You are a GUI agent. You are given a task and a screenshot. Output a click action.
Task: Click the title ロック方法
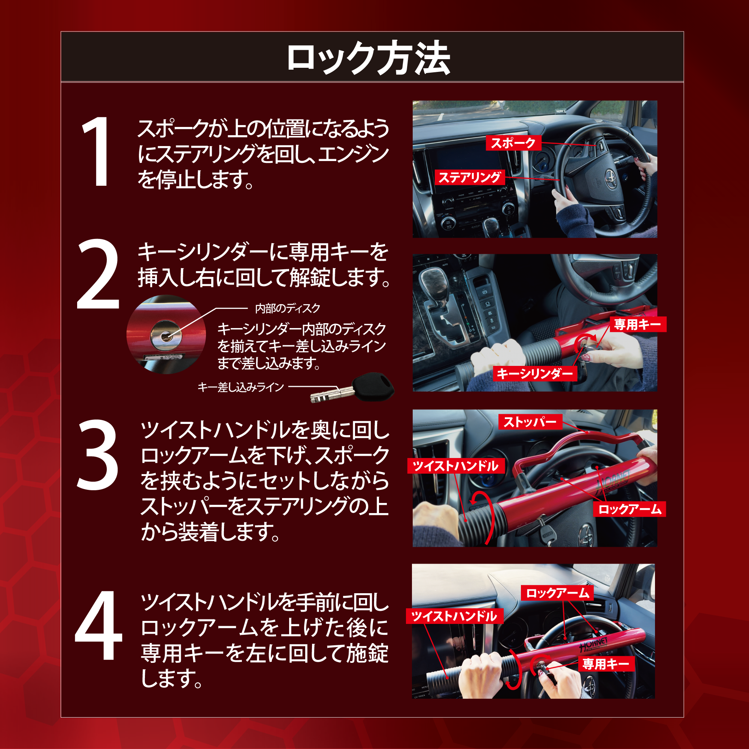click(368, 58)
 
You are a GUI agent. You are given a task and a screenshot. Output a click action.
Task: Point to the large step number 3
click(97, 455)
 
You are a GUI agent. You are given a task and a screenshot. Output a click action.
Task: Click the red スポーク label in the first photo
click(513, 143)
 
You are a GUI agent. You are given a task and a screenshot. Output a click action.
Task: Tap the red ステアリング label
click(470, 177)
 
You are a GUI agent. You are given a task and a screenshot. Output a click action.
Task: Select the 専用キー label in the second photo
click(638, 324)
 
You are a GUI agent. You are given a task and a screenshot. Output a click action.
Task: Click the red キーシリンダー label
click(535, 373)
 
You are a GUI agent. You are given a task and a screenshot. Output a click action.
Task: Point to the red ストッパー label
click(530, 421)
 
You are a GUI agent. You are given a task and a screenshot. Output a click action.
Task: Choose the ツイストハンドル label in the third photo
click(455, 466)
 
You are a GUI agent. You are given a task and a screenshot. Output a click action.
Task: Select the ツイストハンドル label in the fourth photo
click(454, 616)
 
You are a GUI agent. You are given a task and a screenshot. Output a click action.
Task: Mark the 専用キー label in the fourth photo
click(606, 664)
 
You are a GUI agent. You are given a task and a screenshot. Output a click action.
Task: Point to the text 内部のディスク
click(287, 309)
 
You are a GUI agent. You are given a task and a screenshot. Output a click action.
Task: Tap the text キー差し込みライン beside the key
click(241, 387)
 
